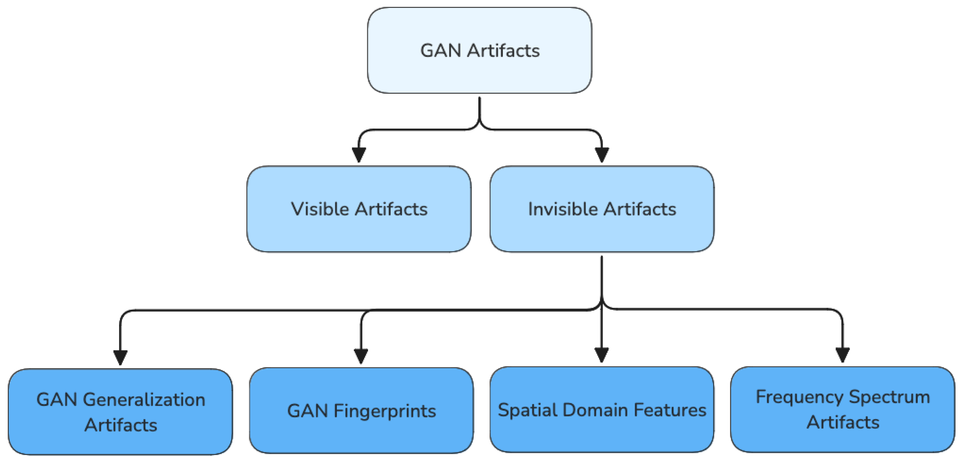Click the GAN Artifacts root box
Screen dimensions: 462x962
(x=479, y=50)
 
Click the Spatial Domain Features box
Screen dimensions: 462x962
(x=602, y=410)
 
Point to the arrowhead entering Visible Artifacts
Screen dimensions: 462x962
(x=359, y=154)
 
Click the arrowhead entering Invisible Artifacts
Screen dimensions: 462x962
(x=602, y=154)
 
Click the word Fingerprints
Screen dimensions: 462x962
(x=385, y=411)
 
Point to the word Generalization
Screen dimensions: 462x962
(x=144, y=400)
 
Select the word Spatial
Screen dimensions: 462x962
(x=527, y=410)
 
